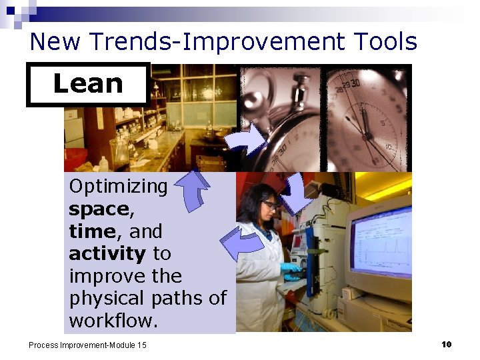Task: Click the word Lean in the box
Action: tap(88, 83)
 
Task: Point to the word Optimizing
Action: tap(119, 187)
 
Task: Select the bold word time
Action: tap(91, 231)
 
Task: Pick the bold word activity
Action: tap(107, 254)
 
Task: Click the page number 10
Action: tap(446, 344)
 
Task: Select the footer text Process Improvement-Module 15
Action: tap(87, 345)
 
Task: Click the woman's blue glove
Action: tap(291, 267)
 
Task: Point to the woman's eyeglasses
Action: tap(269, 205)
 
